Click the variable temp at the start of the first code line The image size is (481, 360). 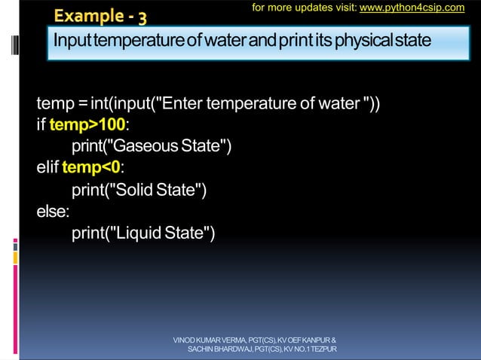53,102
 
